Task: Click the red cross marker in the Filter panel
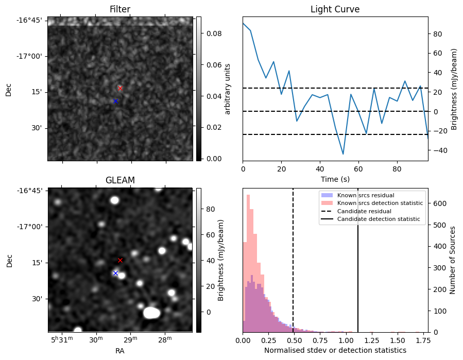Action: tap(120, 88)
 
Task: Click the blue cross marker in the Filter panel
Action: tap(115, 101)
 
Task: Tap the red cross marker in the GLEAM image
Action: tap(120, 260)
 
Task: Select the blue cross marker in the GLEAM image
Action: tap(115, 273)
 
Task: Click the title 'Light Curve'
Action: tap(335, 10)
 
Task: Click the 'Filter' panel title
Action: tap(120, 10)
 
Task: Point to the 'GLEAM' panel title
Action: tap(120, 180)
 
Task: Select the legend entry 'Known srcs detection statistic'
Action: tap(380, 203)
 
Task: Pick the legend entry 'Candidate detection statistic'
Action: tap(378, 219)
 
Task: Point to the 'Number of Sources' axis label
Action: tap(453, 260)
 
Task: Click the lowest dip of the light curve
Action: tap(343, 154)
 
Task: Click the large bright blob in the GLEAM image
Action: tap(151, 312)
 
